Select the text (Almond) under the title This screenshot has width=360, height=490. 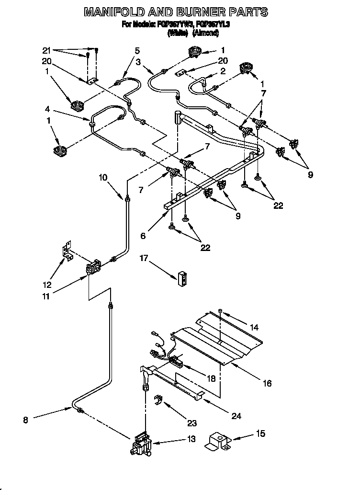point(205,33)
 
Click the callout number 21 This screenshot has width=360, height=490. point(46,50)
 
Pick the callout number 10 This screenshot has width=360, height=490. point(103,177)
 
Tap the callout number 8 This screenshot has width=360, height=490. point(25,420)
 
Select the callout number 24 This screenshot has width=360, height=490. point(236,416)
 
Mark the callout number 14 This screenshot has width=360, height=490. point(254,328)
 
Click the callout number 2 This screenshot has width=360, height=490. point(222,71)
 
